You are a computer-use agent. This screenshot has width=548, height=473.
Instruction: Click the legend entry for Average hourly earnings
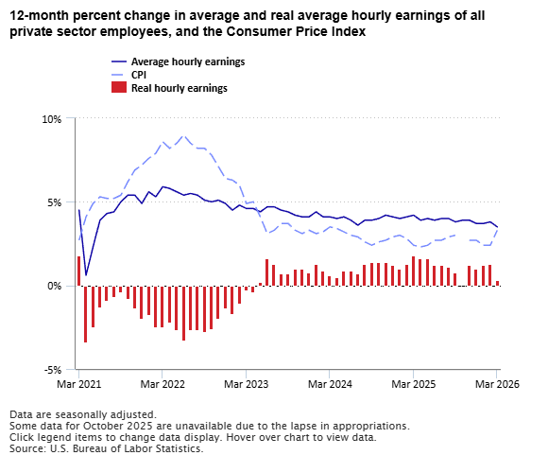[187, 61]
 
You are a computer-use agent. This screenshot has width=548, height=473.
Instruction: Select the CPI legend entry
[138, 75]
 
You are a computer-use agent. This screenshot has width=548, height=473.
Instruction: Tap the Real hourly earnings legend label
[179, 88]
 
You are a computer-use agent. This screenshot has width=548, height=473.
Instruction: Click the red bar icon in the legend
[118, 88]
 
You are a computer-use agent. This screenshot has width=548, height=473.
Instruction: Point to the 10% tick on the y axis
[51, 119]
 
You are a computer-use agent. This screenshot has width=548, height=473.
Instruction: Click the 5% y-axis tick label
[54, 202]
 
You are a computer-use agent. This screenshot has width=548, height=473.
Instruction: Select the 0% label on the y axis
[54, 286]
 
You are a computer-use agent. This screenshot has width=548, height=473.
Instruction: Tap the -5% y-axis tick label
[52, 369]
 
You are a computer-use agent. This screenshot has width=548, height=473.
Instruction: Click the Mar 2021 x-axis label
[79, 385]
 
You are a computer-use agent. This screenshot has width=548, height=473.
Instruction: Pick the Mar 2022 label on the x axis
[163, 385]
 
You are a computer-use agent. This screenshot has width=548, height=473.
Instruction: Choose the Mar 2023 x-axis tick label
[246, 385]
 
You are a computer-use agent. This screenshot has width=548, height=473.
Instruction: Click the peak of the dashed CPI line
[183, 136]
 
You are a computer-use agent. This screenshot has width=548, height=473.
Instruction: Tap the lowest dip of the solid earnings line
[86, 275]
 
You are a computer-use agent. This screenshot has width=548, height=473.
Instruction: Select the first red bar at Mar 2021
[79, 271]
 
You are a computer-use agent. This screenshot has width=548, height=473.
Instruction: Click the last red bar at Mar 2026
[497, 283]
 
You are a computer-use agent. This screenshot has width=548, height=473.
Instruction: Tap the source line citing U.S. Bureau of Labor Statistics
[106, 448]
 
